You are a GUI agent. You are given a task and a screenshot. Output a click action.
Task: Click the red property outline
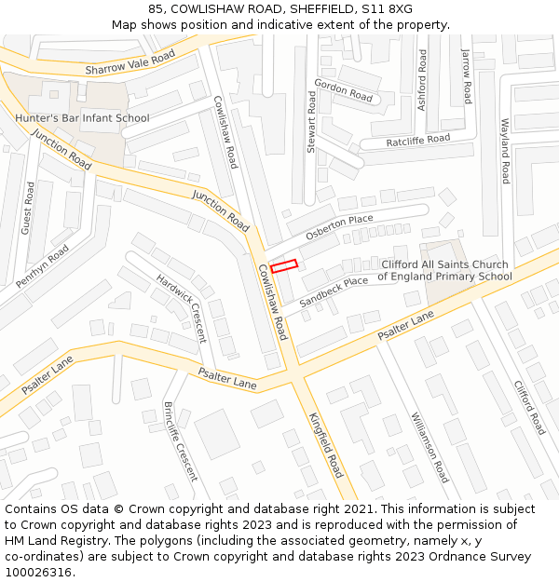coord(284,266)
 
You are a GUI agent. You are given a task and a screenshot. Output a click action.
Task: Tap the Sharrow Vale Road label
coord(130,63)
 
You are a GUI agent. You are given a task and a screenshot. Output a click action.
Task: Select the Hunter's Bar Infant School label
coord(82,118)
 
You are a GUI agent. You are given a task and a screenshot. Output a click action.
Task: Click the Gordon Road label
coord(343,90)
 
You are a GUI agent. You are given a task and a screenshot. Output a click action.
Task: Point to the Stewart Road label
coord(311,122)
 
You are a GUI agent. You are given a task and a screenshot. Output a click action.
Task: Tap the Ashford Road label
coord(422,80)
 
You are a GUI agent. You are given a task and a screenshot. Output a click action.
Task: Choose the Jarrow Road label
coord(466,76)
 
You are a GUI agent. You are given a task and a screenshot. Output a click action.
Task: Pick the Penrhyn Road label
coord(43,266)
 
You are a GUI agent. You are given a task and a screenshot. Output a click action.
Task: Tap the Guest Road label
coord(28,208)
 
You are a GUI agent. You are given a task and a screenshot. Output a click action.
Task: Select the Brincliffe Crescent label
coord(180,441)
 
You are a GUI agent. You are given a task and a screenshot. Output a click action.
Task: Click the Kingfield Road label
coord(326,445)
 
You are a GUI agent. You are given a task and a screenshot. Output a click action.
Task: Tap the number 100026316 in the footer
coord(37,572)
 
